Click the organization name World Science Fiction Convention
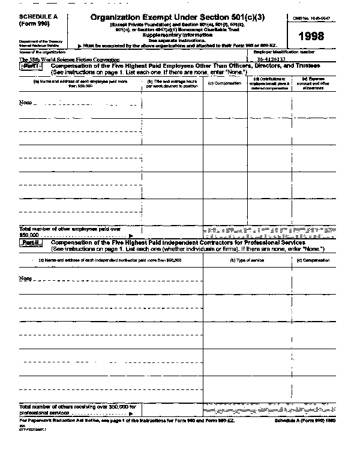[x=72, y=60]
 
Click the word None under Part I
[x=25, y=102]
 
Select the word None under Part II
[x=25, y=278]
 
